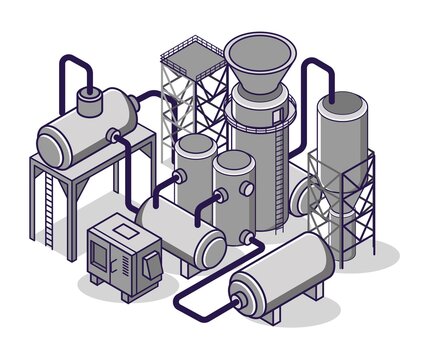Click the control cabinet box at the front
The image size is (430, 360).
(x=125, y=255)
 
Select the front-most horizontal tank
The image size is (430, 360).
(x=285, y=272)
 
